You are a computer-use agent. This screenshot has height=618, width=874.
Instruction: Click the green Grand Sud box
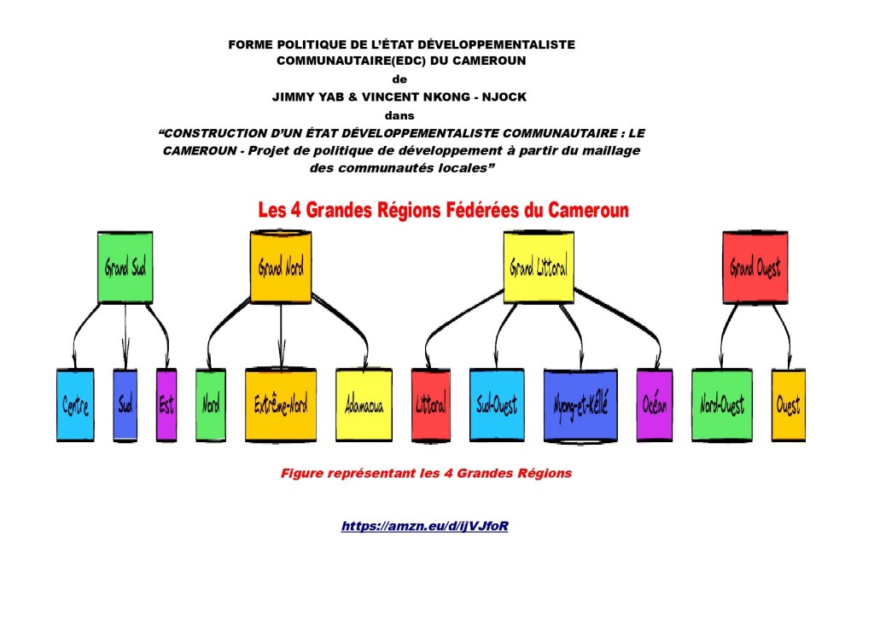(125, 267)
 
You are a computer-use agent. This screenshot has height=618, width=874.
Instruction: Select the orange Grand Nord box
(281, 267)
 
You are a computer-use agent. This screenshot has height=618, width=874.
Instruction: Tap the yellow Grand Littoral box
(539, 267)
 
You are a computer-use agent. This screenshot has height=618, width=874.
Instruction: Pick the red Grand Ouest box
(755, 267)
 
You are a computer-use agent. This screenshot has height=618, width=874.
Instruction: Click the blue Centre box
(75, 405)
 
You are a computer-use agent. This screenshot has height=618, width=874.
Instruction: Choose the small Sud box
(125, 405)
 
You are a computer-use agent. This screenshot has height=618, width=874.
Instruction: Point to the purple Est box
(166, 405)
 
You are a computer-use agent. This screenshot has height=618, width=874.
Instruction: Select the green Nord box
(211, 405)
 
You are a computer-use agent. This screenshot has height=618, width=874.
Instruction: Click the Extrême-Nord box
(281, 405)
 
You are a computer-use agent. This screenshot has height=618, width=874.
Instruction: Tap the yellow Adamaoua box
(364, 405)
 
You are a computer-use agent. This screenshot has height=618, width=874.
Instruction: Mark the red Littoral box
(431, 405)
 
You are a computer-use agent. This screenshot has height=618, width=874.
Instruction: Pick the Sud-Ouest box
(497, 405)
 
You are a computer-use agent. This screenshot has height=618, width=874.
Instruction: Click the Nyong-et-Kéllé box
(580, 405)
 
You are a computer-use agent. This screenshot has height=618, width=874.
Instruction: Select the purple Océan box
(655, 405)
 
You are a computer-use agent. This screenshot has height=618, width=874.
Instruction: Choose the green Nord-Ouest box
(721, 405)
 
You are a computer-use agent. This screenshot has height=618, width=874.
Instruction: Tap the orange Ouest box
(788, 405)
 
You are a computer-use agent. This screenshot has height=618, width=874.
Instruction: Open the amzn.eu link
(425, 526)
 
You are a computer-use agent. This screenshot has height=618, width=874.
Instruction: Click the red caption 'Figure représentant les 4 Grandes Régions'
(426, 473)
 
